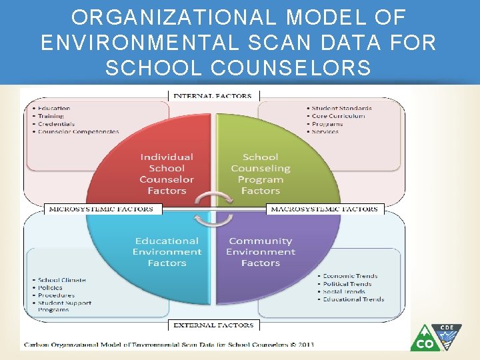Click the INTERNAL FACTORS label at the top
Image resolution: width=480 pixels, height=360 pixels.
(x=213, y=95)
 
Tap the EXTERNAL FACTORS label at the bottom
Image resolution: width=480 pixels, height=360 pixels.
(x=213, y=325)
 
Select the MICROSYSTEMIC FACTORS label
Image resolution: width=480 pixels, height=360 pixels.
(x=101, y=209)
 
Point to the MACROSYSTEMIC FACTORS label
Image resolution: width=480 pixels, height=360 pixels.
(x=324, y=209)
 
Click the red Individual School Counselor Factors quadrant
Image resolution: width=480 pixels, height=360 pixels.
(x=167, y=173)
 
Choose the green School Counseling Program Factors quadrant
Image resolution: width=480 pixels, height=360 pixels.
(x=261, y=173)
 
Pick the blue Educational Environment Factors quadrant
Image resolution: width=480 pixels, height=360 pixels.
(x=167, y=252)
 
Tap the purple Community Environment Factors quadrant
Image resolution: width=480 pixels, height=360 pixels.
(x=261, y=252)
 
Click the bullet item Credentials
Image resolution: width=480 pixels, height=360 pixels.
(x=56, y=124)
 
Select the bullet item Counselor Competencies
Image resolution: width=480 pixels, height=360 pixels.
(x=78, y=131)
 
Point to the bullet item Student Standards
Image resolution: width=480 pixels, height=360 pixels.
(x=341, y=108)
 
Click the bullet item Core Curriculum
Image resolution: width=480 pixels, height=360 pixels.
(x=338, y=116)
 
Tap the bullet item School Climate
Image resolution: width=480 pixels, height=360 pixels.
(x=62, y=280)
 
